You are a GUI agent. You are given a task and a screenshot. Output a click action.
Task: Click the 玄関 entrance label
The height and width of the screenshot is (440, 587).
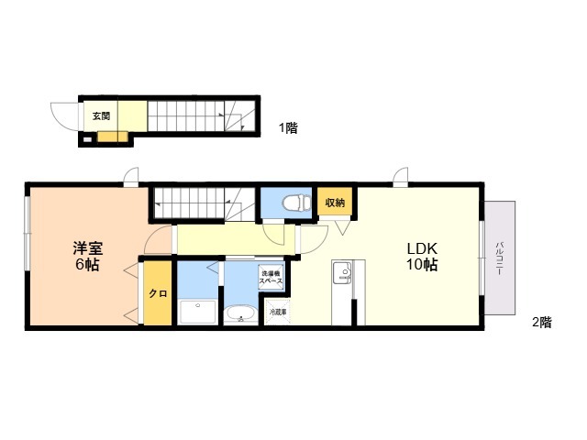tap(101, 116)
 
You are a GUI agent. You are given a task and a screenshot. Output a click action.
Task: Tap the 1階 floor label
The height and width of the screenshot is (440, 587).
tap(288, 128)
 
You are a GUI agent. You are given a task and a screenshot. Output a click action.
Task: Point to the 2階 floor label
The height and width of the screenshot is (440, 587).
tap(542, 322)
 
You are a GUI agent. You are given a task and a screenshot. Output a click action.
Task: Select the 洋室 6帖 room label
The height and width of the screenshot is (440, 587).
tap(87, 256)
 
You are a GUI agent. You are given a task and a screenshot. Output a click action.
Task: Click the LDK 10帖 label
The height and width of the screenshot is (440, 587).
tap(422, 257)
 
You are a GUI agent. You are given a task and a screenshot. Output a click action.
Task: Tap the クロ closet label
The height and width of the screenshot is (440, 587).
tap(158, 293)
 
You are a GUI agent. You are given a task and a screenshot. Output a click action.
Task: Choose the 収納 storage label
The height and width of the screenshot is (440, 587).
tap(335, 203)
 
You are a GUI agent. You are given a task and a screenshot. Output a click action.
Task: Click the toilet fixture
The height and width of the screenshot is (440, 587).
tap(297, 203)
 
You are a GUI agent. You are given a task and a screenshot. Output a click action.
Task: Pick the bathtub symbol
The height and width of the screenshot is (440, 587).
tap(240, 313)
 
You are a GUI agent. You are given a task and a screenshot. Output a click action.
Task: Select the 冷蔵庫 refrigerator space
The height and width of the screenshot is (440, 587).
tap(278, 312)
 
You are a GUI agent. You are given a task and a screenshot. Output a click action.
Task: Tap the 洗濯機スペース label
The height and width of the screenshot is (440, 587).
tap(271, 277)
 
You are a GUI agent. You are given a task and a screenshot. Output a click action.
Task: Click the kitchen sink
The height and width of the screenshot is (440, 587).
tap(342, 271)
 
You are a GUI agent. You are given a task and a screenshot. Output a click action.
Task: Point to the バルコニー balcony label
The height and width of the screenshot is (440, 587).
tap(499, 258)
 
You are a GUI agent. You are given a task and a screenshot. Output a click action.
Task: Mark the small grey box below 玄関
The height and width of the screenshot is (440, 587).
tap(86, 140)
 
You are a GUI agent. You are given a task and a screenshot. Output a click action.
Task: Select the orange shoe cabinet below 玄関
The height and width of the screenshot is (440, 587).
tap(113, 137)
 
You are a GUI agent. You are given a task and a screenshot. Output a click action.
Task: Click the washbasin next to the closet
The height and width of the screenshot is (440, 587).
tap(198, 312)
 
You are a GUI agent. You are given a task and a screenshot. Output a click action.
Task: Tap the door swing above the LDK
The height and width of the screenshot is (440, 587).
tap(400, 177)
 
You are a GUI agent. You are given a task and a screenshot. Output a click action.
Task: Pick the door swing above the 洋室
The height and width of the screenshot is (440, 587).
tap(131, 177)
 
